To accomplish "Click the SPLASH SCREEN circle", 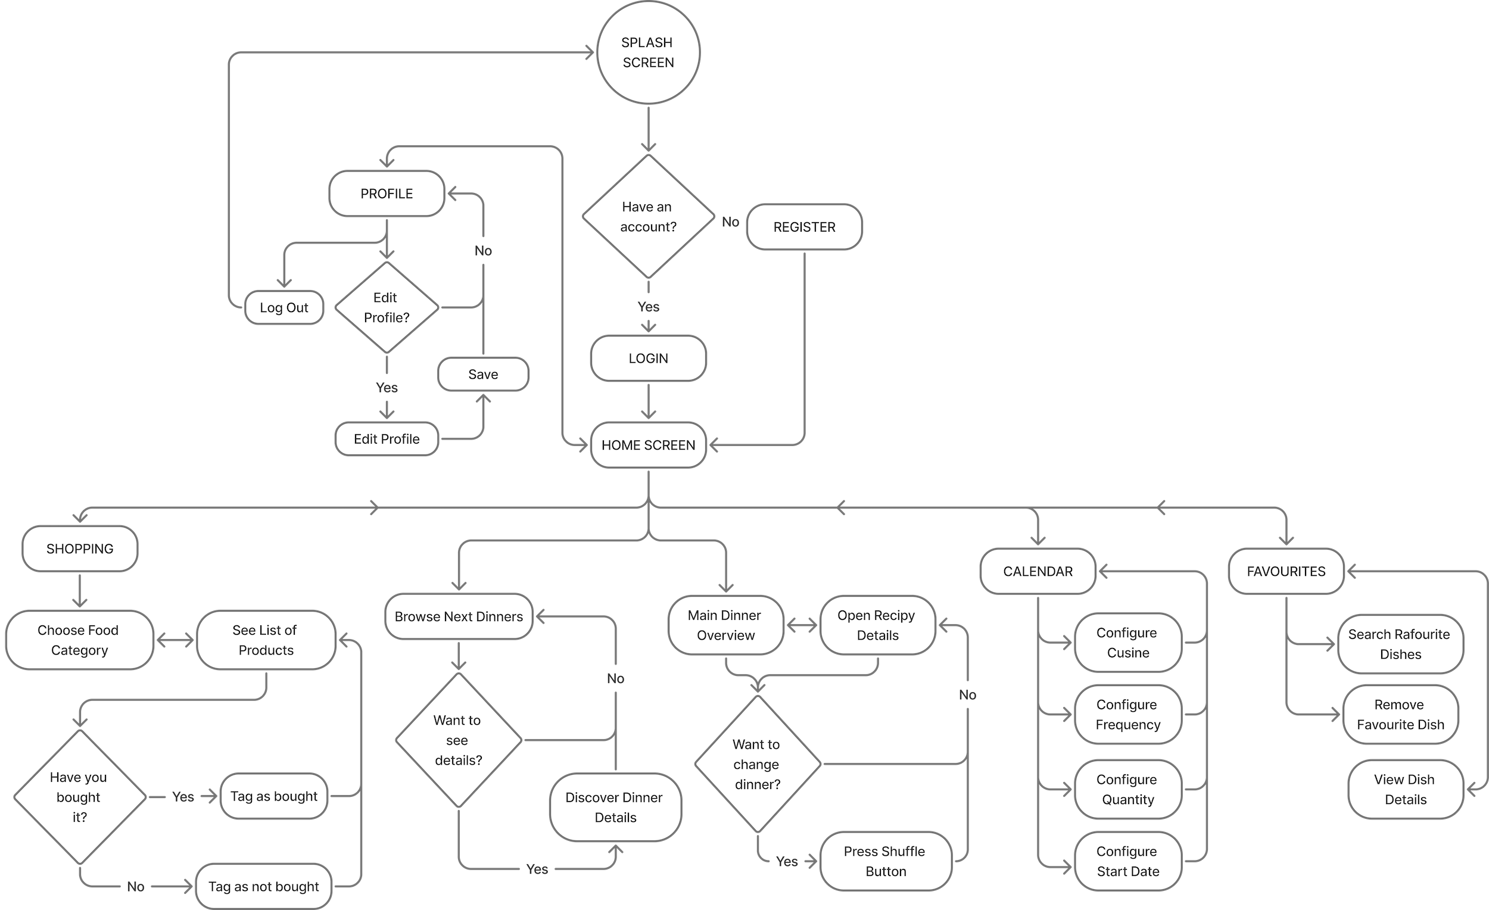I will pos(648,52).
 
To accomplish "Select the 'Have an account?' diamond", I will pos(648,216).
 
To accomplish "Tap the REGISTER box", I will pos(803,227).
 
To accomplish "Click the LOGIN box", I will pos(648,359).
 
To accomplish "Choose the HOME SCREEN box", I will pos(648,445).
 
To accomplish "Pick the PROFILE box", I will pos(387,194).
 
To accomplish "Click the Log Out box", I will pos(284,307).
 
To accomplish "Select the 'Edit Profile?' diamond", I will pos(387,307).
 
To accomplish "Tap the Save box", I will pos(483,375).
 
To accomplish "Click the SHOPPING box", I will pos(80,549).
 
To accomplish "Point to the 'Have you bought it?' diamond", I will pos(79,797).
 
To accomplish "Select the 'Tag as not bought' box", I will pos(263,886).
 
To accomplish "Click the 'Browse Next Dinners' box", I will pos(459,617).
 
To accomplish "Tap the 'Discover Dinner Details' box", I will pos(615,808).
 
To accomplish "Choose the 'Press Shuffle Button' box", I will pos(885,861).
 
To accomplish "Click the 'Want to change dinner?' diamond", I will pos(757,764).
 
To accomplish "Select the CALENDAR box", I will pos(1038,572).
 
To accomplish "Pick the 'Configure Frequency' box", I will pos(1127,715).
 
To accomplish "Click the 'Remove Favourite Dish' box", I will pos(1400,715).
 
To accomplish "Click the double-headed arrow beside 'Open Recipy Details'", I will pos(802,626).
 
